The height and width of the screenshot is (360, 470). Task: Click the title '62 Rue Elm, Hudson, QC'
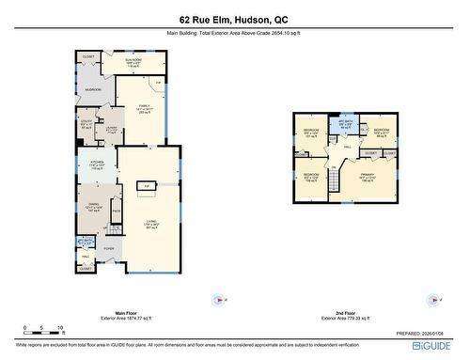click(x=235, y=19)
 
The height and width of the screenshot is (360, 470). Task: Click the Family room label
click(x=143, y=108)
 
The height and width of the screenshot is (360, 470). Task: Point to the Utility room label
click(x=86, y=122)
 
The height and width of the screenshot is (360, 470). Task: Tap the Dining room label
click(x=91, y=208)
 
